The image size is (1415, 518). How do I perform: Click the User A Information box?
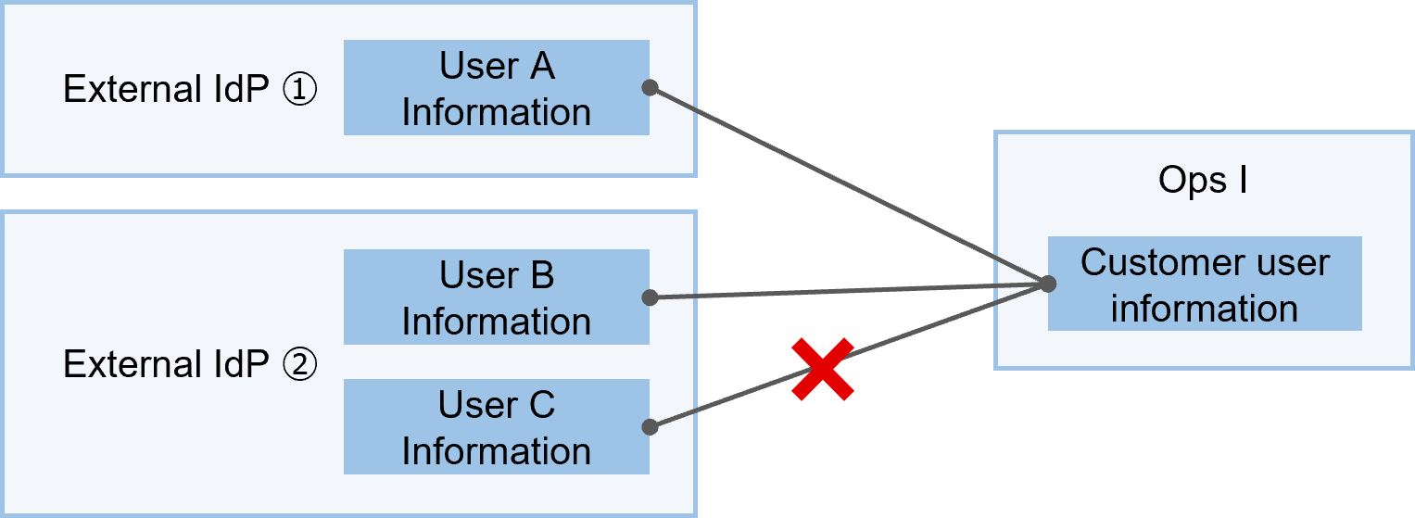(x=496, y=88)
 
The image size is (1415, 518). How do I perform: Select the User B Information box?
(x=496, y=297)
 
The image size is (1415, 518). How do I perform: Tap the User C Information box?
(x=496, y=427)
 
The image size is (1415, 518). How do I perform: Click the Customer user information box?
(x=1205, y=284)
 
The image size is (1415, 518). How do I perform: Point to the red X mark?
(x=822, y=370)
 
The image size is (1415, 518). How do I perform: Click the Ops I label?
(x=1203, y=181)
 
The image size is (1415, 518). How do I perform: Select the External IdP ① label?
(x=190, y=90)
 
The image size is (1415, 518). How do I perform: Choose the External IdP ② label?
(x=190, y=365)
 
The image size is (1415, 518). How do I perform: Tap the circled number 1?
(x=299, y=91)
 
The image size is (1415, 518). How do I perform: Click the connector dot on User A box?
(x=650, y=88)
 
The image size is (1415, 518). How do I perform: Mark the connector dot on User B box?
(x=650, y=297)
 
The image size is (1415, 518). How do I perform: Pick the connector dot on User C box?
(x=650, y=427)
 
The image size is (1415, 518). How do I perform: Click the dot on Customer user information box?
(x=1048, y=284)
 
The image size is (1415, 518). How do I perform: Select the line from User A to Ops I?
(x=848, y=186)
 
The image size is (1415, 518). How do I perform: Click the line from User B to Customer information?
(x=848, y=291)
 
